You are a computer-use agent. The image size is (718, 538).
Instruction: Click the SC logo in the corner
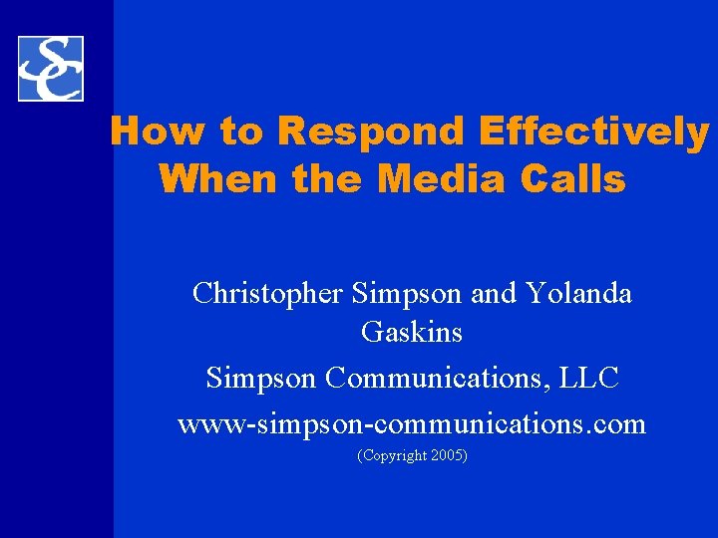(50, 69)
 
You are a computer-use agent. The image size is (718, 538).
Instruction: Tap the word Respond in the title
(371, 131)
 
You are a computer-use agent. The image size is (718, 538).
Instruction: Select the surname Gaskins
(412, 332)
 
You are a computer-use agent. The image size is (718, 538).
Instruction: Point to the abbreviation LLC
(595, 379)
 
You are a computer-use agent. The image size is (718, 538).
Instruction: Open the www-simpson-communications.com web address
(412, 424)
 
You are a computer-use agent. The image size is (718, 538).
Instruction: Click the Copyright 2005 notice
(412, 455)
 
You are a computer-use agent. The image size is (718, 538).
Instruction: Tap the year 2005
(446, 455)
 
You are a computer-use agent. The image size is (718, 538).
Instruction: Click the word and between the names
(494, 294)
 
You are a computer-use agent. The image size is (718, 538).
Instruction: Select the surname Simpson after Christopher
(407, 294)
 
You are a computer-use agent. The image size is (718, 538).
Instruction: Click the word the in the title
(330, 179)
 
